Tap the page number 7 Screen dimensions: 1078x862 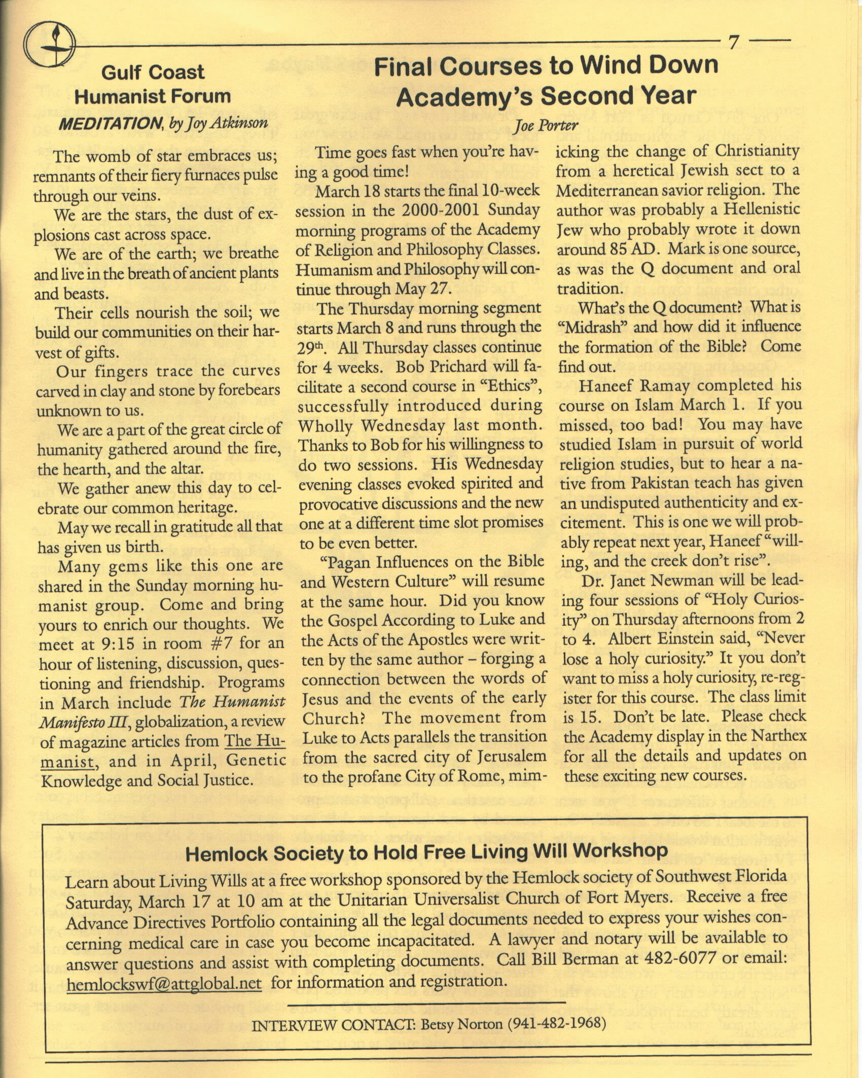point(733,44)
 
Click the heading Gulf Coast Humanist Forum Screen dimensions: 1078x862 point(153,84)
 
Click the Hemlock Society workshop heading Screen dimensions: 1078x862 point(426,853)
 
